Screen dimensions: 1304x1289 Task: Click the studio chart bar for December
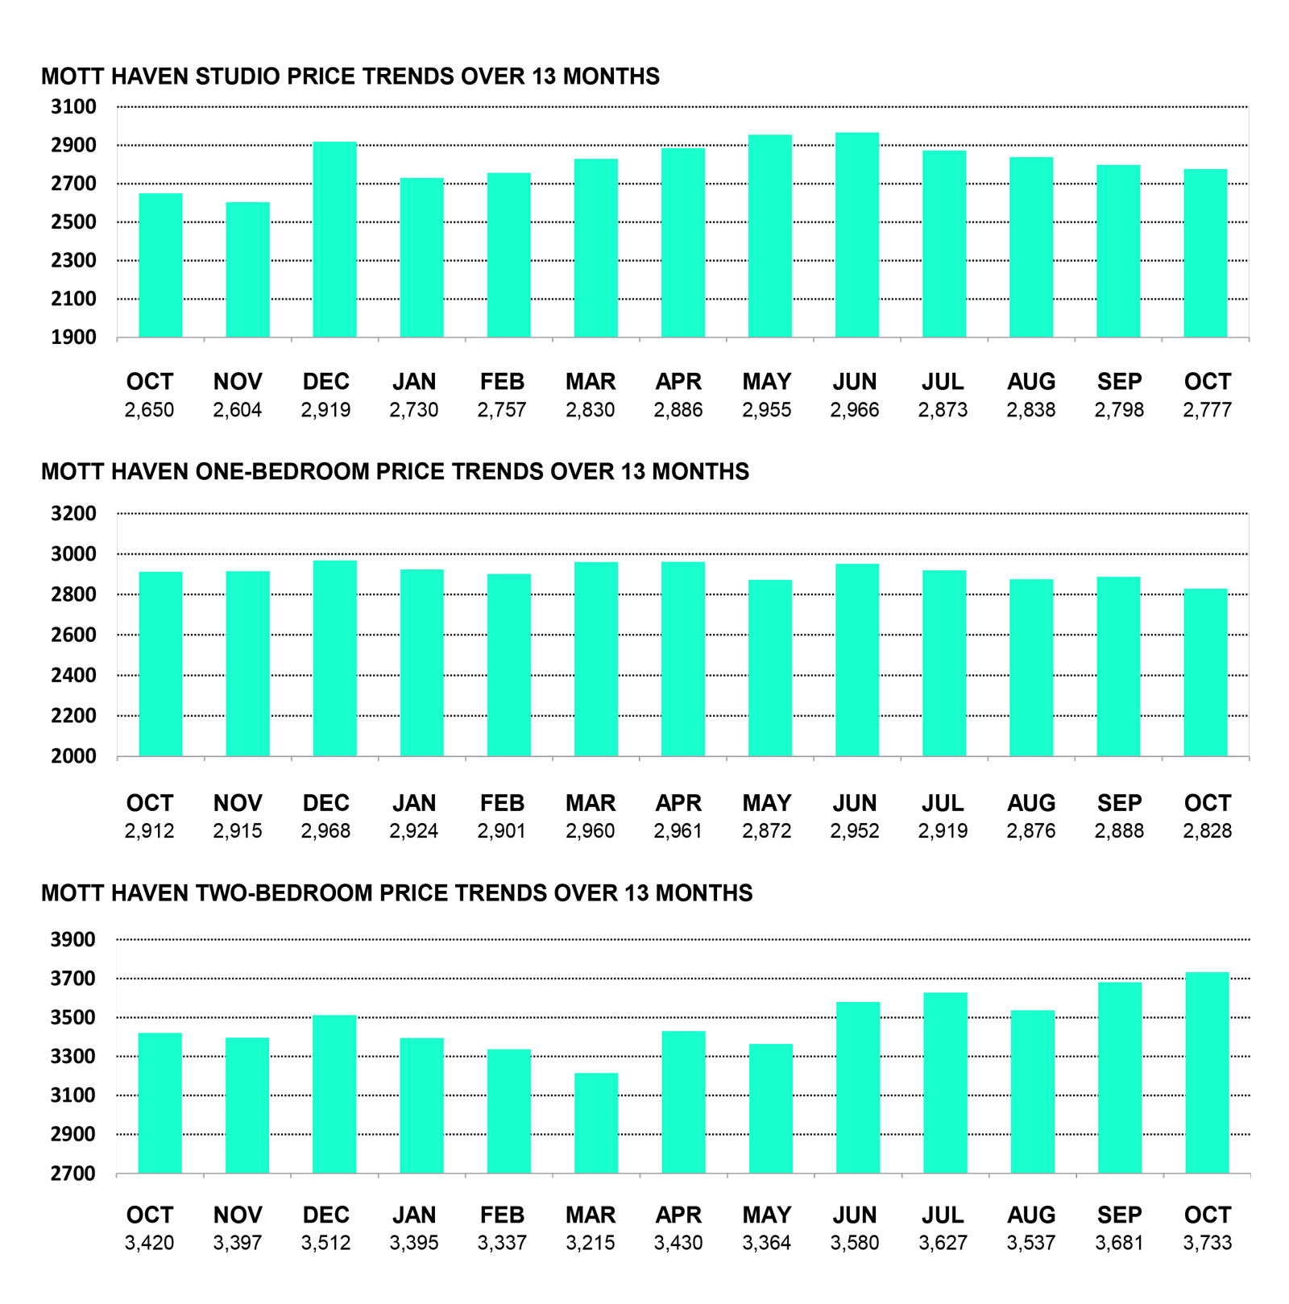(334, 239)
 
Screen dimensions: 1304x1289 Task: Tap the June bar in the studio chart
(856, 234)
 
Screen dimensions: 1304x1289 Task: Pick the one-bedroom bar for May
(769, 668)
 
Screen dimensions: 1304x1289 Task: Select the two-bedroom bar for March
(596, 1123)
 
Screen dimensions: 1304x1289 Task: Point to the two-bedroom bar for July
(945, 1083)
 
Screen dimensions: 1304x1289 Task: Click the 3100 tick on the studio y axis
(73, 107)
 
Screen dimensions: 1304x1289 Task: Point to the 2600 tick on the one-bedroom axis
(73, 635)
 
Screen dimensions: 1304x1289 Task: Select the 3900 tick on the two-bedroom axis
(73, 940)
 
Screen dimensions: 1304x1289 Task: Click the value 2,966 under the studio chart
(855, 410)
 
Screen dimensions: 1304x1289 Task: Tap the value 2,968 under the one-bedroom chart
(325, 831)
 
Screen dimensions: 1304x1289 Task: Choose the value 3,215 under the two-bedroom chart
(590, 1243)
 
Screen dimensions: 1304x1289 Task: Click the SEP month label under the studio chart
(1119, 382)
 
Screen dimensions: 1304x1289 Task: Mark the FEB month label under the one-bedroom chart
(502, 803)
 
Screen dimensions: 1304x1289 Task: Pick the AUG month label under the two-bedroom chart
(1031, 1215)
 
